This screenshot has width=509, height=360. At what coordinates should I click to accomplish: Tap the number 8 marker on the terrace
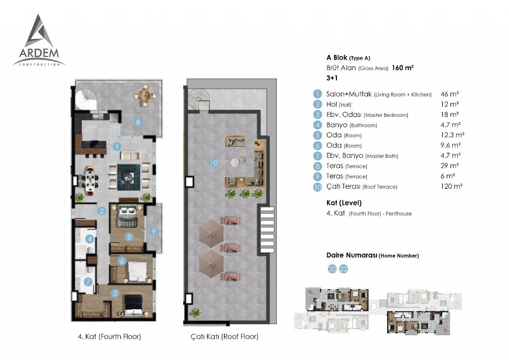tap(138, 122)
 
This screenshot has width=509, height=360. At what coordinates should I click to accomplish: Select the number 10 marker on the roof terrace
tap(214, 163)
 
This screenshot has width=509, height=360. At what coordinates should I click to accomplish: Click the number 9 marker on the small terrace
tap(154, 232)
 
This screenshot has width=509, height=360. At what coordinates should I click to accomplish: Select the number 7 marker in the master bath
tap(88, 282)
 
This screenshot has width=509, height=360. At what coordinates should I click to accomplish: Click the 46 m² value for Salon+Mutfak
tap(450, 94)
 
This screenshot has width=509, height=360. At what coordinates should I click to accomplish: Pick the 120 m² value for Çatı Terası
tap(452, 186)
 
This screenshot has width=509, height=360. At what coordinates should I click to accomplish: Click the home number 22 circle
tap(343, 269)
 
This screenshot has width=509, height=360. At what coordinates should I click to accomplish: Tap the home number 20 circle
tap(332, 269)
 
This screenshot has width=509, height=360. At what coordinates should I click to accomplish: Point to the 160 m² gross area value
tap(403, 68)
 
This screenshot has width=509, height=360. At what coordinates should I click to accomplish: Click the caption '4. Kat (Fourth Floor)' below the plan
tap(109, 336)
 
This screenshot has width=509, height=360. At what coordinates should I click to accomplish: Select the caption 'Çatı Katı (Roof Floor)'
tap(225, 336)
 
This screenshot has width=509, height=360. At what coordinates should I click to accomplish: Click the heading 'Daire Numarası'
tap(352, 255)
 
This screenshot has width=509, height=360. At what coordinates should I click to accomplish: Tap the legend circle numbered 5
tap(317, 135)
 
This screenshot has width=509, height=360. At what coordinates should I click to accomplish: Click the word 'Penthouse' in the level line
tap(399, 214)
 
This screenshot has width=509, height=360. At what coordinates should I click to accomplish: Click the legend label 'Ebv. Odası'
tap(344, 114)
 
